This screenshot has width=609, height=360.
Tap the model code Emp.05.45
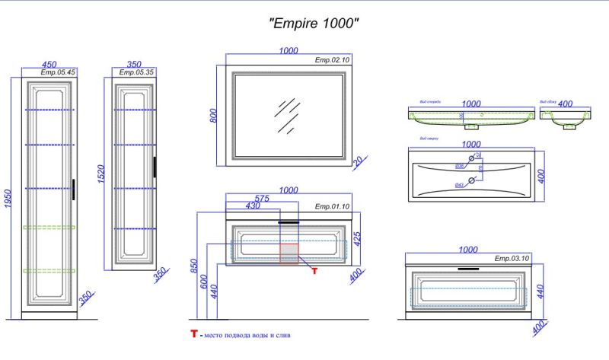coord(57,73)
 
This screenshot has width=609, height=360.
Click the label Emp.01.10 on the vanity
coord(332,206)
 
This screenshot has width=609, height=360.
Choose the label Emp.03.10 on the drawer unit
coord(511,259)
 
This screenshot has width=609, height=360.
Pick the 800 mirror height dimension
coord(215,116)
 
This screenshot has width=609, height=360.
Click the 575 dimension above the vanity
coord(262,198)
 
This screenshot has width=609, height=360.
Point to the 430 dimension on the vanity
coord(253,207)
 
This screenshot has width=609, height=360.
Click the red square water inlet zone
coord(289,253)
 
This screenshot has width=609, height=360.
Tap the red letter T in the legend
coord(194,334)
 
